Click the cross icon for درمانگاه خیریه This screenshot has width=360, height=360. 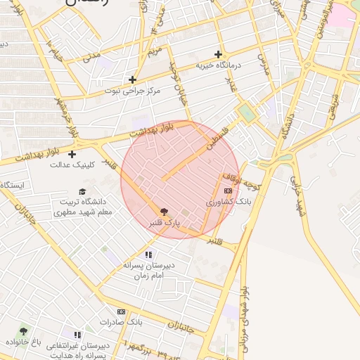pos(219,54)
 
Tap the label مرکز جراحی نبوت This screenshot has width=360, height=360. pos(132,91)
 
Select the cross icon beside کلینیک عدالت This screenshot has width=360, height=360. pos(72,154)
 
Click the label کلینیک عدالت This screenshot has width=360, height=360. pos(72,166)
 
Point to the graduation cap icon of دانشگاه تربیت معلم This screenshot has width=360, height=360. pos(82,191)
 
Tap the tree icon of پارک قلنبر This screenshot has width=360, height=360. pos(164,210)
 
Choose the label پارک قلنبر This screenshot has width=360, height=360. pos(164,222)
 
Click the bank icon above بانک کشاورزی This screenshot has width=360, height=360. pos(227,190)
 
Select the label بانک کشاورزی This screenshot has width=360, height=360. pos(228,201)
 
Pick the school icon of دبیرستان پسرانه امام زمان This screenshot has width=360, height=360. pos(148,255)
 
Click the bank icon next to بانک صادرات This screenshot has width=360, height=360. pos(121,311)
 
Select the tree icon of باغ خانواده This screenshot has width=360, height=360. pos(23,330)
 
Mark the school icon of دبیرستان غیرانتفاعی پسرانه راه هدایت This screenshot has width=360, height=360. pos(77,335)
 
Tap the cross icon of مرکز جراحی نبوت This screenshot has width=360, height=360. pos(132,79)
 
